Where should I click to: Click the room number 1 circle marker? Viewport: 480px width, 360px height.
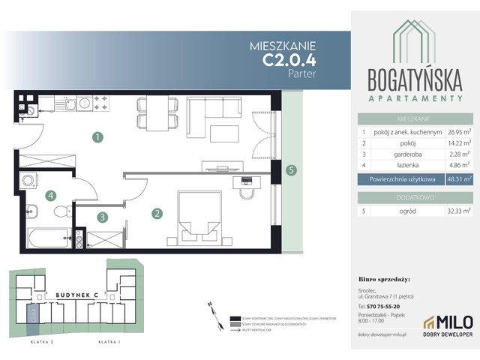(x=96, y=136)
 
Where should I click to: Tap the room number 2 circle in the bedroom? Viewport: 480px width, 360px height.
(x=157, y=214)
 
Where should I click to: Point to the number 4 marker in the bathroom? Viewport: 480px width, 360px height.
(x=51, y=196)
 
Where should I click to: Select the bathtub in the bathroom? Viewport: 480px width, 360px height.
(x=49, y=239)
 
